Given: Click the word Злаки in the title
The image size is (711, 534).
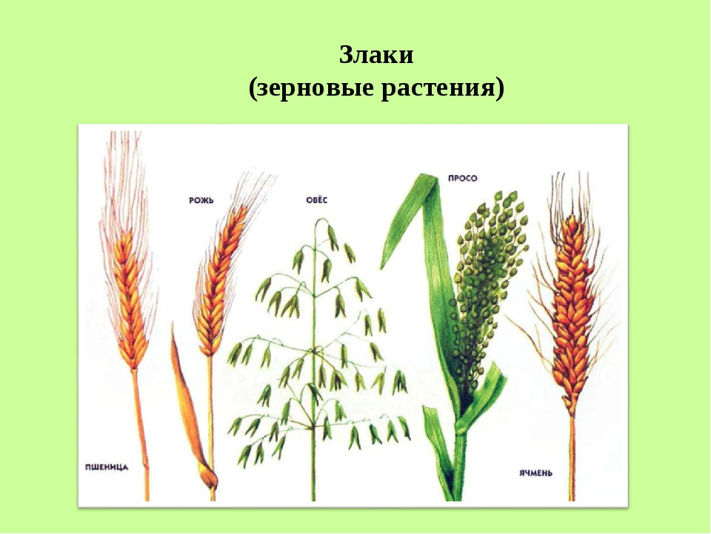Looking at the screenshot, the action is (376, 55).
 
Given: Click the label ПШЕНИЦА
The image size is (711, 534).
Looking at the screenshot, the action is (107, 467).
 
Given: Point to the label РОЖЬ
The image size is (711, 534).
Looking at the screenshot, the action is (201, 200).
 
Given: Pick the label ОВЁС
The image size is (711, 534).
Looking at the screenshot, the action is (316, 200).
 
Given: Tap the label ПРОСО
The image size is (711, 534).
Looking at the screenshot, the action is (462, 179).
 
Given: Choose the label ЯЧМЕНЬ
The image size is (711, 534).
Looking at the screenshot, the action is (535, 472).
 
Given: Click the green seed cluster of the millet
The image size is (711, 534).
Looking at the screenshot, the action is (487, 291).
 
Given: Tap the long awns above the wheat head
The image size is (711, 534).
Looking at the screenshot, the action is (124, 182).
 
